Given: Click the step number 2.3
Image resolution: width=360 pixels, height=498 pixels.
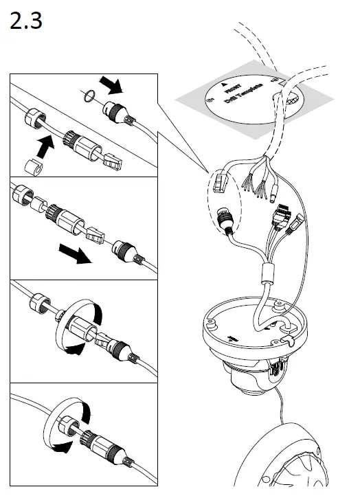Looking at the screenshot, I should [27, 22].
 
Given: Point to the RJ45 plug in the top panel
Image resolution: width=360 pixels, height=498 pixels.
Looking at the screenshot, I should [113, 163].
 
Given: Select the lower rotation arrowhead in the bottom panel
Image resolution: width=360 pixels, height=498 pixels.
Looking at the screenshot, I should [62, 446].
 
